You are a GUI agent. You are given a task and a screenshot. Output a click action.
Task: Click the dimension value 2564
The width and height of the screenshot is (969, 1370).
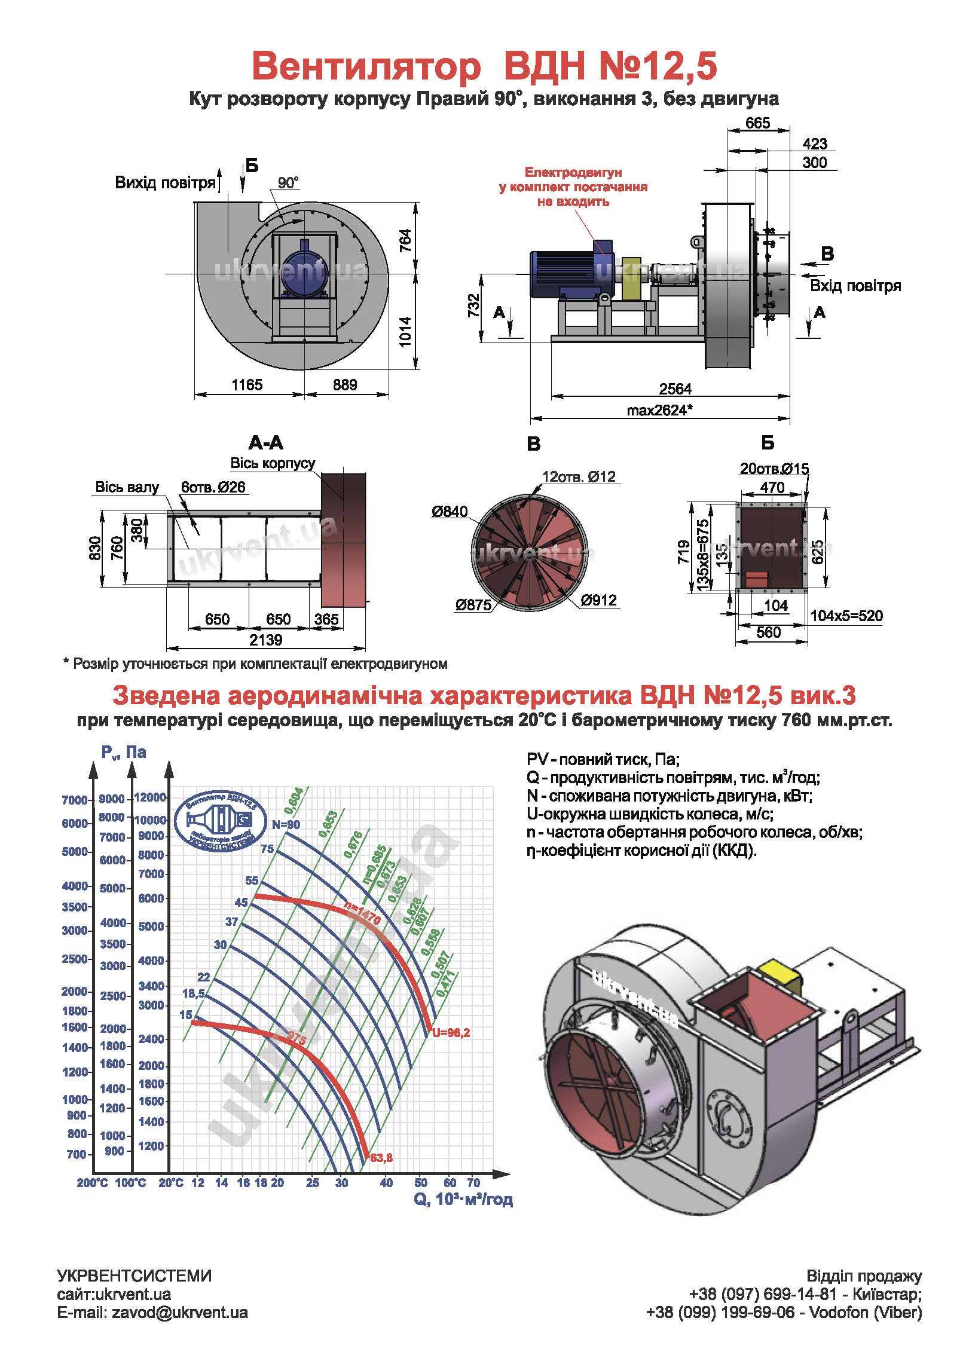tap(675, 389)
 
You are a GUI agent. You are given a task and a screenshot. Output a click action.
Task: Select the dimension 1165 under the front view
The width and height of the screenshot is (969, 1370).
tap(247, 385)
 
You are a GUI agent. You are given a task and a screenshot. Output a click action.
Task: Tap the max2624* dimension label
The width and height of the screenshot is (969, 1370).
tap(659, 411)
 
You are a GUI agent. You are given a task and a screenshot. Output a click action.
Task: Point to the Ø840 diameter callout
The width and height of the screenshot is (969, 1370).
tap(450, 512)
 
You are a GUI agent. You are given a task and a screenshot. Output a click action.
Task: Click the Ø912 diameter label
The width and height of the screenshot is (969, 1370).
tap(598, 600)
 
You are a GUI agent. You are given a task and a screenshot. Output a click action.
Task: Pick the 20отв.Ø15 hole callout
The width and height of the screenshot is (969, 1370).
tap(774, 469)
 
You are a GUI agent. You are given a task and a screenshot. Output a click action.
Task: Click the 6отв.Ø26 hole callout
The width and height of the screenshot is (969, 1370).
tap(213, 487)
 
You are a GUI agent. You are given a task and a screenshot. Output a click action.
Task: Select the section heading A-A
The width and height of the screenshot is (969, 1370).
tap(266, 443)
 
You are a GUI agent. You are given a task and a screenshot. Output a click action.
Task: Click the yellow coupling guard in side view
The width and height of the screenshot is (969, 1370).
tap(631, 279)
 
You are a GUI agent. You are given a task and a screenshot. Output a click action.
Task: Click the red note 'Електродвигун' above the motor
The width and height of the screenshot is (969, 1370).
tap(573, 173)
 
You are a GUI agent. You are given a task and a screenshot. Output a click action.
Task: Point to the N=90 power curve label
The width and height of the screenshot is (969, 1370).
tap(286, 825)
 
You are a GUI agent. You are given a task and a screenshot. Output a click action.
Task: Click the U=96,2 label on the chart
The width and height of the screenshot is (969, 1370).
tap(451, 1033)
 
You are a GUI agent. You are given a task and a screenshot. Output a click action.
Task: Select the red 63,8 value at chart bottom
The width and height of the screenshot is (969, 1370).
tap(381, 1158)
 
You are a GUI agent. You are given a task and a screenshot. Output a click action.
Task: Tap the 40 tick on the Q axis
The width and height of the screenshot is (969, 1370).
tap(386, 1182)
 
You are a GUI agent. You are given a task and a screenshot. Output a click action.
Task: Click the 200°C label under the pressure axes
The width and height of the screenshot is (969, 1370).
tap(92, 1182)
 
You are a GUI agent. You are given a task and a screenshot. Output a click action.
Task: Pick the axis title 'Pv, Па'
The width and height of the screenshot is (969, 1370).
tap(123, 752)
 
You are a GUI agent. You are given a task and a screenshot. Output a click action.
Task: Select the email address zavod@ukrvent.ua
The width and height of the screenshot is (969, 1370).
tap(179, 1312)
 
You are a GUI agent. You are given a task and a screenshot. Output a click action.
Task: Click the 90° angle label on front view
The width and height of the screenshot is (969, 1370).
tap(288, 183)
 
